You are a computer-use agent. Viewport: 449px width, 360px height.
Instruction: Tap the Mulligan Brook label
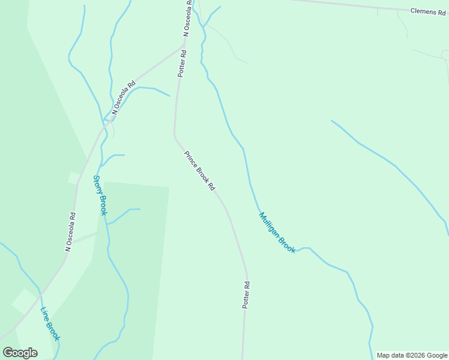click(x=277, y=233)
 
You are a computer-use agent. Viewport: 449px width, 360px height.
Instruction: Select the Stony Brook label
click(x=100, y=196)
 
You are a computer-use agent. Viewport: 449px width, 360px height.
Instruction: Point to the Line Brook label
click(x=50, y=324)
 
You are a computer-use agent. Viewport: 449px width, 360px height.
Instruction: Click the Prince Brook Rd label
click(x=199, y=170)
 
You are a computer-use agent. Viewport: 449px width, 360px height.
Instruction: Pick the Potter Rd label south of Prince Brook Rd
click(x=246, y=295)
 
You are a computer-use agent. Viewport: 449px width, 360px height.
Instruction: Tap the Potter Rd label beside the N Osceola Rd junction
click(x=182, y=63)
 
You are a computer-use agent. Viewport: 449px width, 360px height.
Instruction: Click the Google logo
click(x=20, y=352)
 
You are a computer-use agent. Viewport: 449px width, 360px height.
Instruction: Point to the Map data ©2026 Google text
click(x=412, y=355)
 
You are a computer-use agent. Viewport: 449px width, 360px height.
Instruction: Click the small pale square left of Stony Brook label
click(x=74, y=178)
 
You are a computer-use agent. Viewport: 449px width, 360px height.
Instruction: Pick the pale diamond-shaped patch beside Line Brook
click(x=24, y=302)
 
